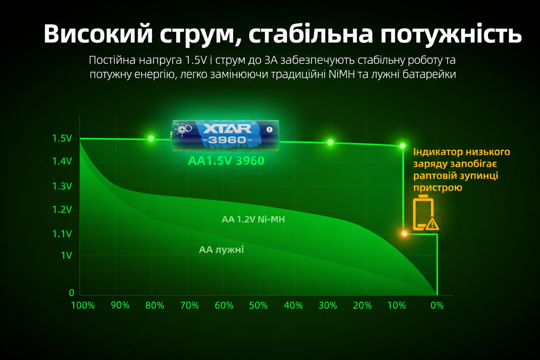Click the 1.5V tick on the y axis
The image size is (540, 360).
[x=62, y=139]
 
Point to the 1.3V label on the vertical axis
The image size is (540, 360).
[x=62, y=186]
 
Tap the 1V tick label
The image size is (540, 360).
[x=66, y=255]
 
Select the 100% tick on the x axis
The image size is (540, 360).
[x=83, y=306]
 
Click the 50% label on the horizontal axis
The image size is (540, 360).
[x=258, y=306]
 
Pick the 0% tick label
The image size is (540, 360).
[x=437, y=306]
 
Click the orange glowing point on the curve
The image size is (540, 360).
[x=404, y=233]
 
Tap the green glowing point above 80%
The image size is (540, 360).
[x=151, y=139]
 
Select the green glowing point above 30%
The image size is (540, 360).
[x=330, y=142]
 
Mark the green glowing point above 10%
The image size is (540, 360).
[x=403, y=146]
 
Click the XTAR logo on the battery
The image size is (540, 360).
[x=227, y=129]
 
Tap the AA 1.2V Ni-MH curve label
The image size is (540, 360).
[x=253, y=219]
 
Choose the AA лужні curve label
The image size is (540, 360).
[x=221, y=250]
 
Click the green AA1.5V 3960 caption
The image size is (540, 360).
[x=226, y=161]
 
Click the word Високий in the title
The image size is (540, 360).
[x=98, y=34]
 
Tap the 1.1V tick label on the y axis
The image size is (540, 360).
[x=62, y=234]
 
